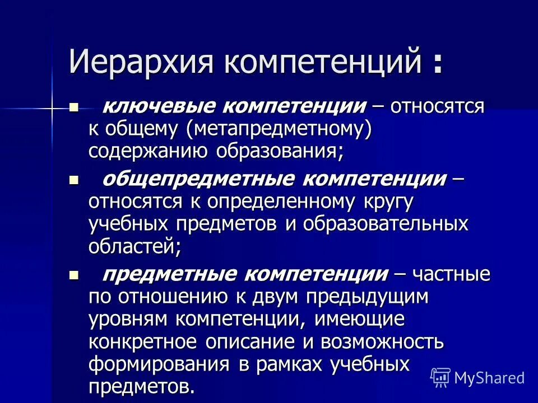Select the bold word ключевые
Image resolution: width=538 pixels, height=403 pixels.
pyautogui.click(x=149, y=107)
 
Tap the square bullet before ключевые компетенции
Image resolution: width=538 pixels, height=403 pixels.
pyautogui.click(x=73, y=107)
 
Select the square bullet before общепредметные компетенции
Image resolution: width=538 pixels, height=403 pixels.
pyautogui.click(x=73, y=180)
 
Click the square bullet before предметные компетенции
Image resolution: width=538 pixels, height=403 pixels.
pyautogui.click(x=73, y=275)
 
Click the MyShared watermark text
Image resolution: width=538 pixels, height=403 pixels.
pyautogui.click(x=489, y=377)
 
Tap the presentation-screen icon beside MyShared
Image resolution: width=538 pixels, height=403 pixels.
pyautogui.click(x=440, y=377)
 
